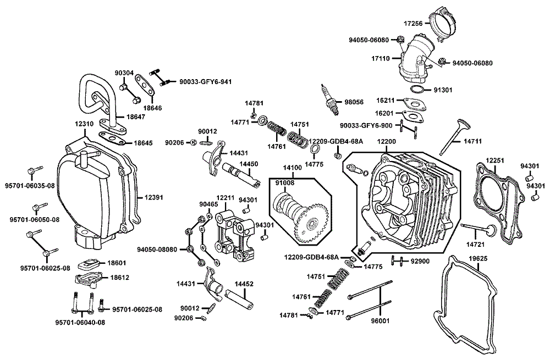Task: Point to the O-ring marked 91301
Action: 417,89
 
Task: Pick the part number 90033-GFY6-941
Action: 205,82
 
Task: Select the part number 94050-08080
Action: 157,250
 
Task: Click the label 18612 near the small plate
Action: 118,278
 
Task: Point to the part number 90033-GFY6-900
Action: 366,125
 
